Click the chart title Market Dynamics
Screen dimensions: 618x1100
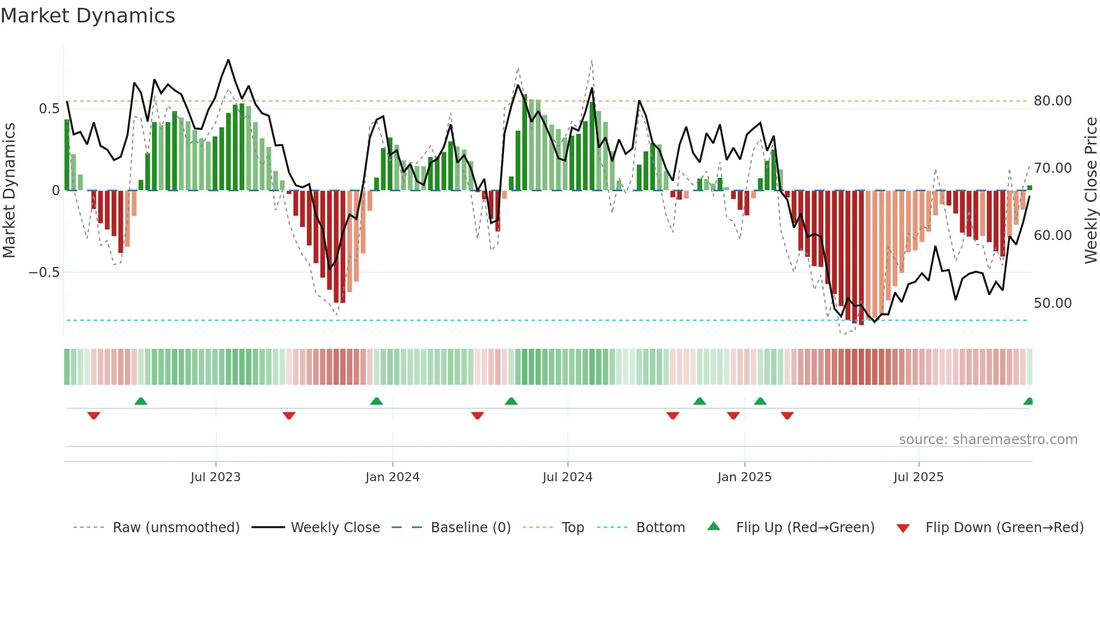[x=88, y=16]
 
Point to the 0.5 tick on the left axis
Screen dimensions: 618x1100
[x=49, y=108]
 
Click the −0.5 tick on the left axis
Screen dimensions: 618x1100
[x=44, y=273]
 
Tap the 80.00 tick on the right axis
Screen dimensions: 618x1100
[x=1052, y=101]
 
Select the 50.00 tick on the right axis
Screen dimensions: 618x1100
[x=1052, y=303]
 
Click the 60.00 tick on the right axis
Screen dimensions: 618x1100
[x=1052, y=236]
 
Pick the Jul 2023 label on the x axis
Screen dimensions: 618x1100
[x=216, y=477]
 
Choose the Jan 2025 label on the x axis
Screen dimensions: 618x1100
[x=744, y=477]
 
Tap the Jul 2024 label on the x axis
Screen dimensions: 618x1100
[x=567, y=477]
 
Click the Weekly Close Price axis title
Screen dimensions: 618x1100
[x=1090, y=191]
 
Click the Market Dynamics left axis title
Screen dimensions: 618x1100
[x=9, y=191]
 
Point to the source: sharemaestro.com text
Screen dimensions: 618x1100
[x=988, y=440]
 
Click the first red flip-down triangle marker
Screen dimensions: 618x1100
[x=94, y=416]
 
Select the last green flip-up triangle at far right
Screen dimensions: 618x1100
[x=1028, y=402]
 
